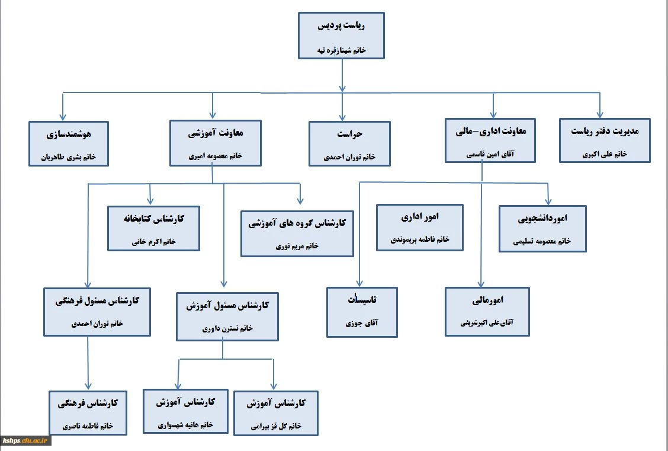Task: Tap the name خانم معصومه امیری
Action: pos(215,157)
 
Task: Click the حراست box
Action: pos(349,143)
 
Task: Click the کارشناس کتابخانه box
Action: pos(154,228)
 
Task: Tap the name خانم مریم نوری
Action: pos(297,246)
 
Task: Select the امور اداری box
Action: pos(420,228)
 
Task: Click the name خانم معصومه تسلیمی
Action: pos(542,241)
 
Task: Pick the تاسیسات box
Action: pos(362,312)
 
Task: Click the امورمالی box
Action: pos(488,312)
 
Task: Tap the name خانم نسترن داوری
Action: pos(228,328)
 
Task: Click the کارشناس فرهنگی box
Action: pos(88,414)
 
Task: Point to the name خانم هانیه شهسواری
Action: pos(185,426)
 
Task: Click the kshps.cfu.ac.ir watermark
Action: pos(27,440)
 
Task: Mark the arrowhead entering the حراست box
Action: pos(342,117)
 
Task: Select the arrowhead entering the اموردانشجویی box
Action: pos(549,201)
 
